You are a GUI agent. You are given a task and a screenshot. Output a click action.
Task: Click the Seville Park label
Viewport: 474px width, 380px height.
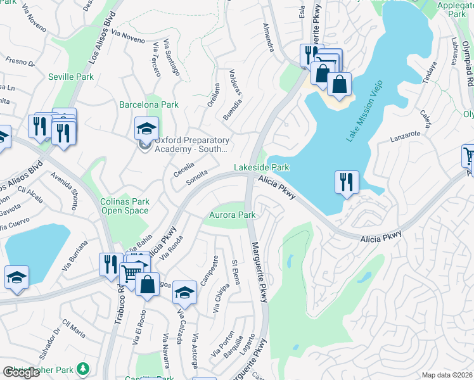pyautogui.click(x=70, y=77)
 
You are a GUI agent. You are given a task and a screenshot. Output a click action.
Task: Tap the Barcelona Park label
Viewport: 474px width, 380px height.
pyautogui.click(x=149, y=105)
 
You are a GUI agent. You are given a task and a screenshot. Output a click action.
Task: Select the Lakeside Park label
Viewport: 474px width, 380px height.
pyautogui.click(x=262, y=167)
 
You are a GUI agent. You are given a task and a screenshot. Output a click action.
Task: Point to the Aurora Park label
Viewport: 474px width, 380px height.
pyautogui.click(x=233, y=215)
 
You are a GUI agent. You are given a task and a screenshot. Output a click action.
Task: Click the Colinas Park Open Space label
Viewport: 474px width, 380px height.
pyautogui.click(x=125, y=206)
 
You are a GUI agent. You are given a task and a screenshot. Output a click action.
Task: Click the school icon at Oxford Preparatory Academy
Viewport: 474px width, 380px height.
pyautogui.click(x=146, y=129)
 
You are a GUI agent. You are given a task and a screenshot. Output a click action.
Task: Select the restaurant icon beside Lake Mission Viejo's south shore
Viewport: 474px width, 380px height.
pyautogui.click(x=347, y=182)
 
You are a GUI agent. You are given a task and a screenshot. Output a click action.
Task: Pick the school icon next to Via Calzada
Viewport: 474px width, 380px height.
pyautogui.click(x=184, y=292)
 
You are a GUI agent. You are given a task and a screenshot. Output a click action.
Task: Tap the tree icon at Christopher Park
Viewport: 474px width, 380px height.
pyautogui.click(x=82, y=369)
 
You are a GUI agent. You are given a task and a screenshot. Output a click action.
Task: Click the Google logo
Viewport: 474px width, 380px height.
pyautogui.click(x=21, y=372)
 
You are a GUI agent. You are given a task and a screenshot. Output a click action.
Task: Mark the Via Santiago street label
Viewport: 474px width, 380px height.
pyautogui.click(x=171, y=58)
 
